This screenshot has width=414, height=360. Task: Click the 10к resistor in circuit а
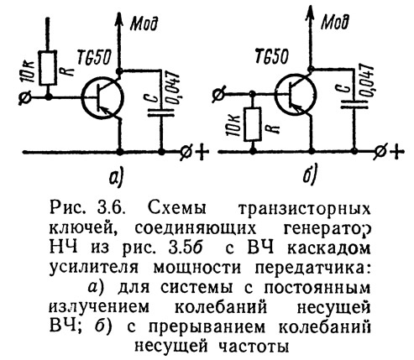tap(48, 68)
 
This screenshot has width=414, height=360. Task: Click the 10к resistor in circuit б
tap(253, 123)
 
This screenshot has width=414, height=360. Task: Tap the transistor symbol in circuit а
tap(102, 99)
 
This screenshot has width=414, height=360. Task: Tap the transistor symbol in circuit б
tap(296, 95)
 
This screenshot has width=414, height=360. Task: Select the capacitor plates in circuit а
tap(161, 112)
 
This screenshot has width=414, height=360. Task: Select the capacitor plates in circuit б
tap(354, 103)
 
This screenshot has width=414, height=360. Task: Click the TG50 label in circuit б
tap(272, 56)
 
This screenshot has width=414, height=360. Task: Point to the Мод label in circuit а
tap(144, 23)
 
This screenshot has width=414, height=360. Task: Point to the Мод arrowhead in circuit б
tap(310, 13)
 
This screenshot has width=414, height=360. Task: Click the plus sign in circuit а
tap(201, 152)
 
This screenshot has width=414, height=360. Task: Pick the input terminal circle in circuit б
tap(218, 94)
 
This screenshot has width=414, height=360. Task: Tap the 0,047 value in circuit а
tap(174, 88)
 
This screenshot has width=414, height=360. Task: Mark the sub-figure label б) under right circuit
tap(310, 175)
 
